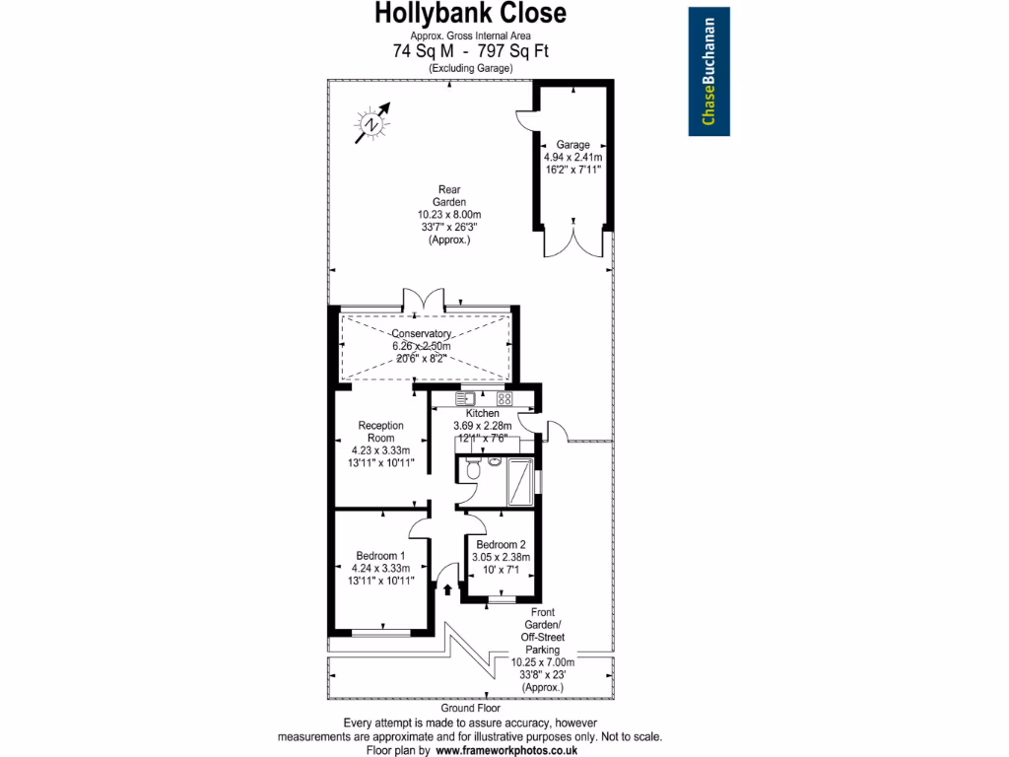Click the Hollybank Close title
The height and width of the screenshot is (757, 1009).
[471, 14]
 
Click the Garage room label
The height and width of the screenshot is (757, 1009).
[572, 144]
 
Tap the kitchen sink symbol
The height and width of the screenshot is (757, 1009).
[465, 399]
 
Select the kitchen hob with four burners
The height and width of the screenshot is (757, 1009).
[504, 399]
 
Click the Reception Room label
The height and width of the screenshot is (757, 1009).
[380, 432]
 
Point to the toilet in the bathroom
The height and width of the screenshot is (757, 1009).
[473, 469]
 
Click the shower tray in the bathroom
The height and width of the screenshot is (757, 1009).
[515, 481]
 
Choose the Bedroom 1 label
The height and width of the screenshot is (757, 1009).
[380, 556]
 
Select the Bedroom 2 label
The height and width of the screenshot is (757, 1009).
[501, 544]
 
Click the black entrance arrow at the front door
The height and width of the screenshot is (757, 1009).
[448, 590]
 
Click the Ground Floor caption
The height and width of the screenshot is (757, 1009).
[470, 708]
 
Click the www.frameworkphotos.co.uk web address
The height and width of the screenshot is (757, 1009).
[506, 750]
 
